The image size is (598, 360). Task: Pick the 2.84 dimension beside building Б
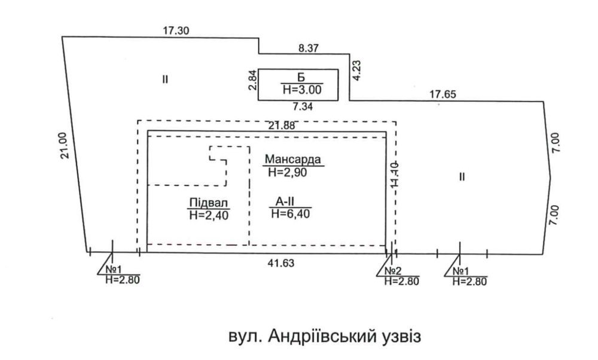253,81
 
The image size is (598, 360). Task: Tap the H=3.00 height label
301,90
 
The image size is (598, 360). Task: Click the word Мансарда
293,160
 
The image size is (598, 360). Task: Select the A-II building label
288,200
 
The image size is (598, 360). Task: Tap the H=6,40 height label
291,213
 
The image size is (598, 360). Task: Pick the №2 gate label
392,270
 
